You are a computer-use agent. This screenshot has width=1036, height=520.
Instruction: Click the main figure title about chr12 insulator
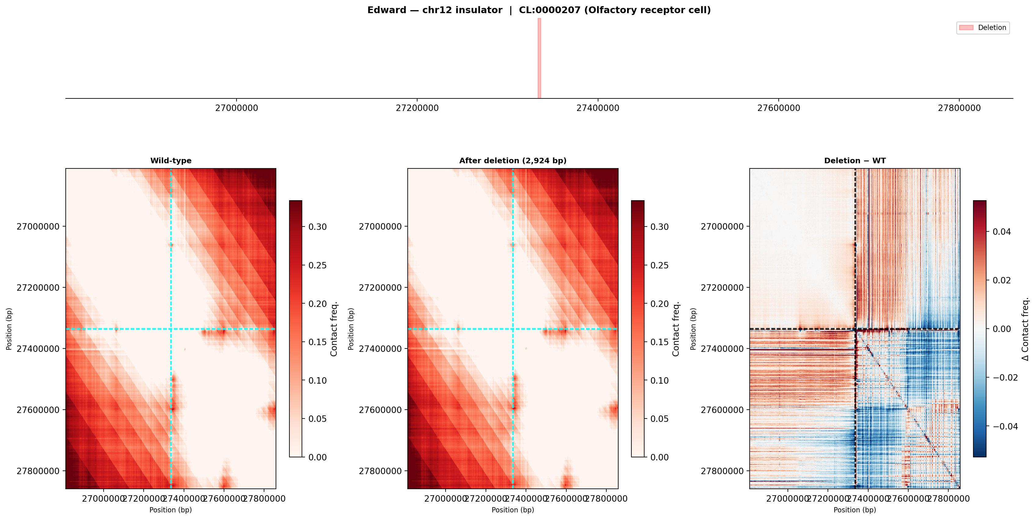click(x=539, y=10)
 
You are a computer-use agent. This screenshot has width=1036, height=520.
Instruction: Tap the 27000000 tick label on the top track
click(x=237, y=108)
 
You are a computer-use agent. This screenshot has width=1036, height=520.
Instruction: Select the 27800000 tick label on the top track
click(x=959, y=108)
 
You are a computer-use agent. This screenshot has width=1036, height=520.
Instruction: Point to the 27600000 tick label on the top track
click(x=779, y=108)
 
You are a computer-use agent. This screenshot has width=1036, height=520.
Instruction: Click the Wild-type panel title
click(x=171, y=161)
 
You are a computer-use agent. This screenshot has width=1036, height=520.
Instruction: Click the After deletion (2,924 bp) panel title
click(x=513, y=161)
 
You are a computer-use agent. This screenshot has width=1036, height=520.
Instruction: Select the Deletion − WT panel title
click(x=854, y=161)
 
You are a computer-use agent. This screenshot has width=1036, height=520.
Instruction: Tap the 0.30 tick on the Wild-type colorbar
click(x=317, y=227)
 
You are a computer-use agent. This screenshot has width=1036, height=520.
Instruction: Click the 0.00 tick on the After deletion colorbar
click(x=659, y=457)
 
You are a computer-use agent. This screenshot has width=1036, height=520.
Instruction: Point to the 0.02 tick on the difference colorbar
click(x=1001, y=280)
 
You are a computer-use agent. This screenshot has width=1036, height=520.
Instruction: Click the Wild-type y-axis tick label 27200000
click(x=38, y=288)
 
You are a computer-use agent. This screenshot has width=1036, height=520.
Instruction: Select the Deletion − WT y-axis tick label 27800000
click(x=722, y=471)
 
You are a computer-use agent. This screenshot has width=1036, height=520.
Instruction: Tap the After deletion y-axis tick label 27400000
click(x=380, y=349)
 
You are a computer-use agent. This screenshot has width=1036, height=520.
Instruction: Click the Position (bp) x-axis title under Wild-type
click(x=171, y=510)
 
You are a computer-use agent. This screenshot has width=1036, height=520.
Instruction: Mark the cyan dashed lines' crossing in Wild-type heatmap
click(x=171, y=329)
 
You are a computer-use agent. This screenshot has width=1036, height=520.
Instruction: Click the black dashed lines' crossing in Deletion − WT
click(x=855, y=329)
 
